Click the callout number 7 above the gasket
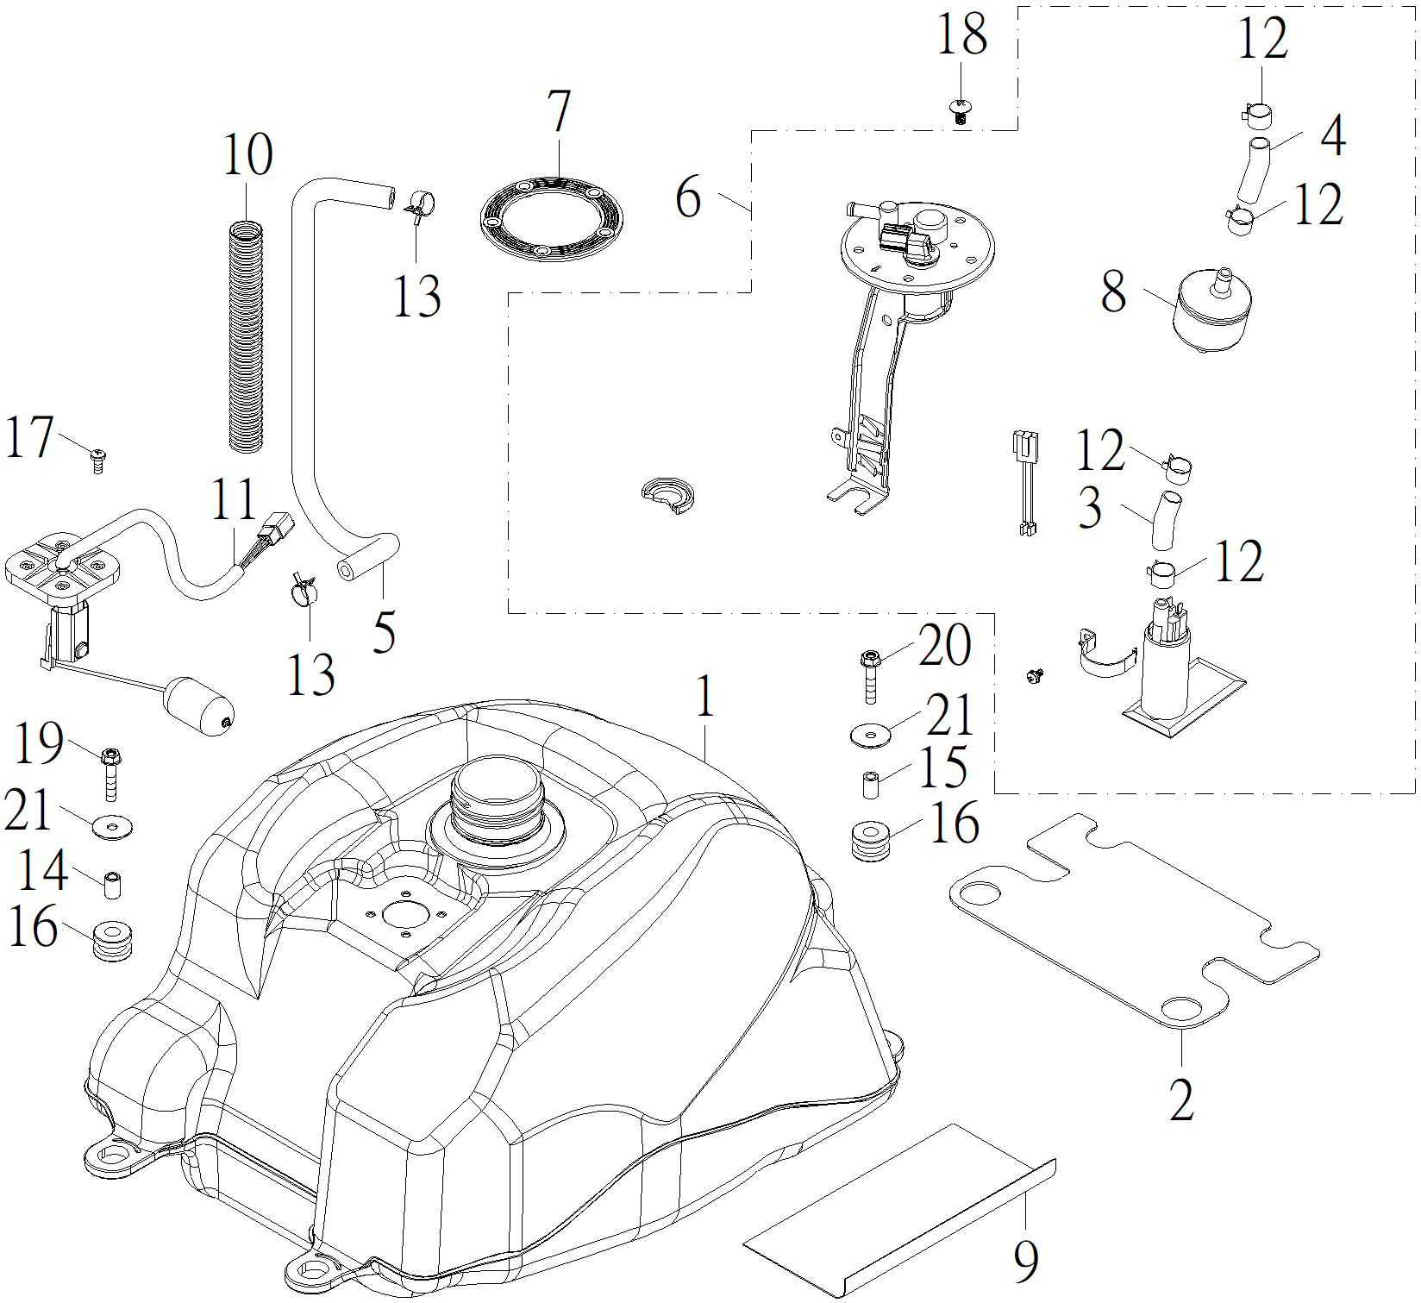pyautogui.click(x=560, y=111)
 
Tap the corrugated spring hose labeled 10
pyautogui.click(x=247, y=336)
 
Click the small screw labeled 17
pyautogui.click(x=98, y=460)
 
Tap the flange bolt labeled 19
pyautogui.click(x=110, y=774)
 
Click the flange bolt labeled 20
pyautogui.click(x=870, y=676)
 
